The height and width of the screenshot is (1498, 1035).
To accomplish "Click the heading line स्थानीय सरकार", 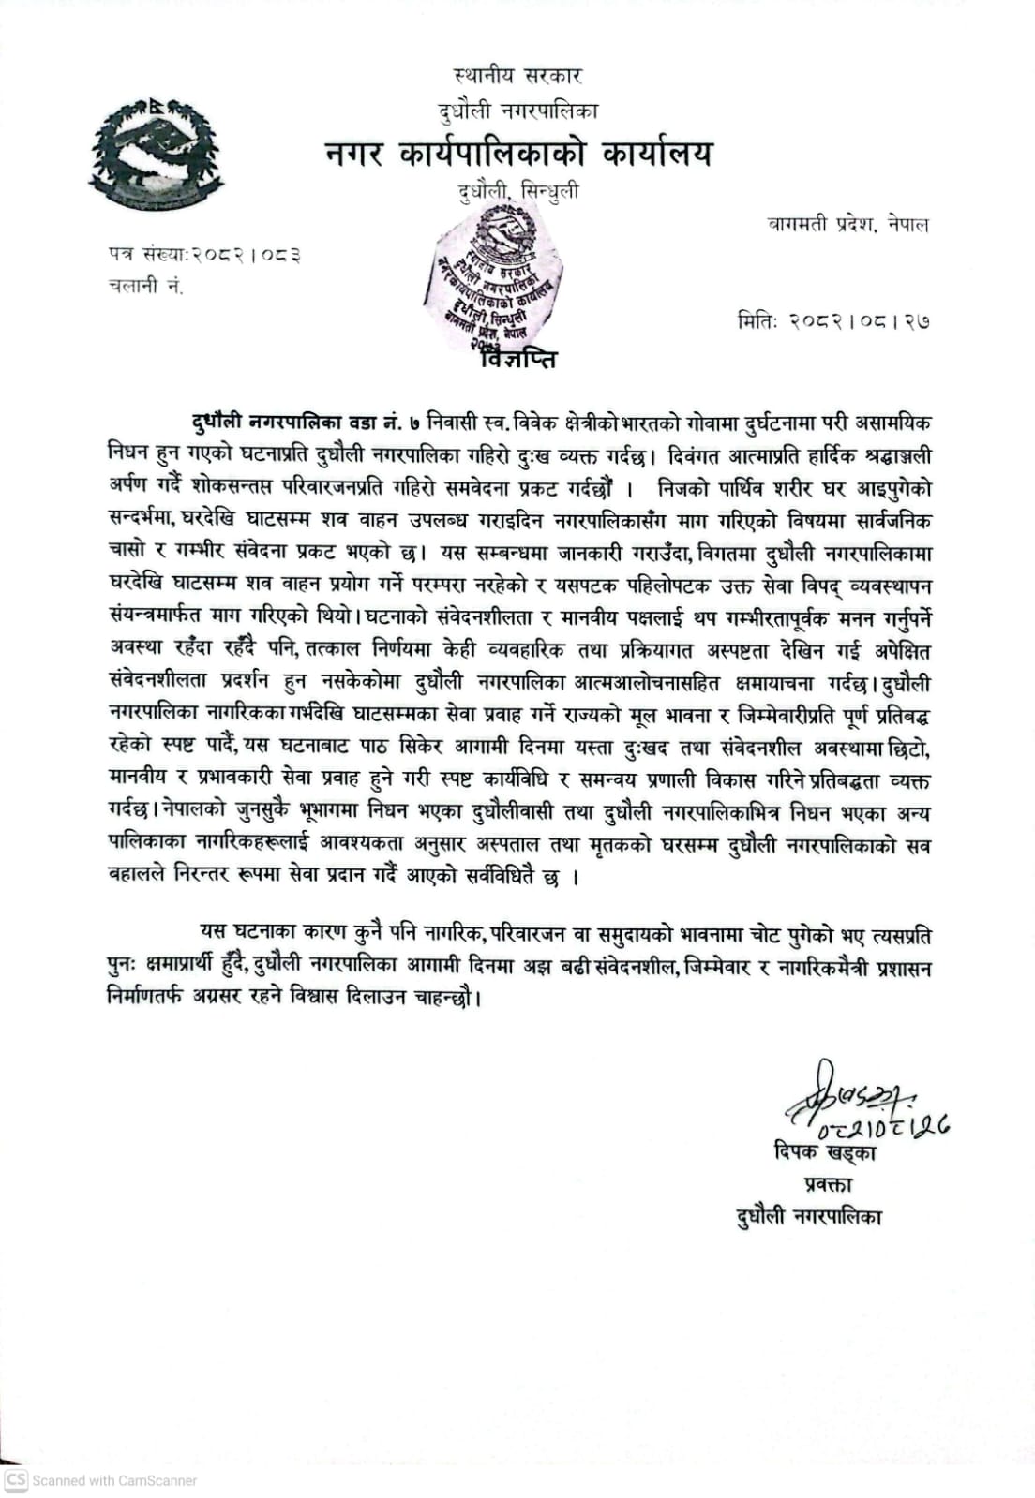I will pos(517,76).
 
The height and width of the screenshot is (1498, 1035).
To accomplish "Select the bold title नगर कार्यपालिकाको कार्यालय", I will pos(518,152).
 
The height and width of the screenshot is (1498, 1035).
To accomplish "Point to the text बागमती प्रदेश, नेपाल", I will pos(848,225).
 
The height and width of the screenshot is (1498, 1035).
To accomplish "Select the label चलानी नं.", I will pos(145,287).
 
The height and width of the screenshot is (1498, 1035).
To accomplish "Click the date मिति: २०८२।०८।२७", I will pos(833,320).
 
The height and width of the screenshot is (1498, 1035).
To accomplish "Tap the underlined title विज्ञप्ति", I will pos(517,359).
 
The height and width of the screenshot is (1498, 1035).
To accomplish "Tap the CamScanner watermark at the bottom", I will pos(102,1480).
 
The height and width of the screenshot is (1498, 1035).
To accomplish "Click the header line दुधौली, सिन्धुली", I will pos(518,192).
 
